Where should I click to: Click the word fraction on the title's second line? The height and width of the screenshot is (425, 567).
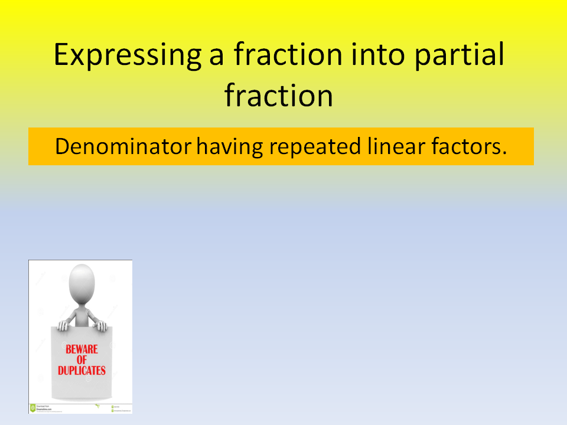pyautogui.click(x=278, y=96)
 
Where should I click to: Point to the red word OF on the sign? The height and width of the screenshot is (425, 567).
pyautogui.click(x=82, y=360)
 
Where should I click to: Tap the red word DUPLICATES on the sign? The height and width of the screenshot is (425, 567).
pyautogui.click(x=82, y=371)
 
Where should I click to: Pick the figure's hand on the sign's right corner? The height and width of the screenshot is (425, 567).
pyautogui.click(x=102, y=325)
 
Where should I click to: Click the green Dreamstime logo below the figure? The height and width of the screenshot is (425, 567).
pyautogui.click(x=33, y=407)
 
